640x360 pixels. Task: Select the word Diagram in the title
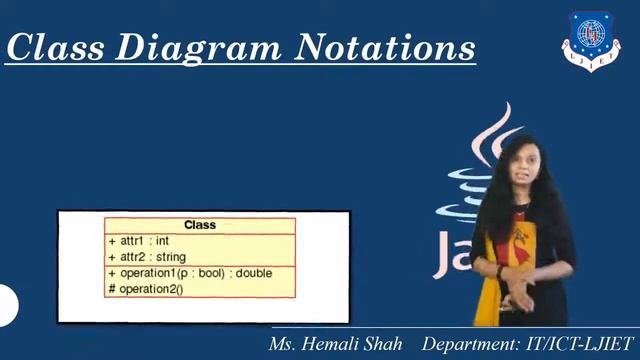pos(207,46)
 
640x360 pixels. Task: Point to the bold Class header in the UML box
pos(200,225)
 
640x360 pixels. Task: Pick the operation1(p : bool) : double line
pos(189,273)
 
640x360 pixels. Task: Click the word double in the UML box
pos(254,273)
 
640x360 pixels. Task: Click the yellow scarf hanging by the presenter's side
pos(487,290)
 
